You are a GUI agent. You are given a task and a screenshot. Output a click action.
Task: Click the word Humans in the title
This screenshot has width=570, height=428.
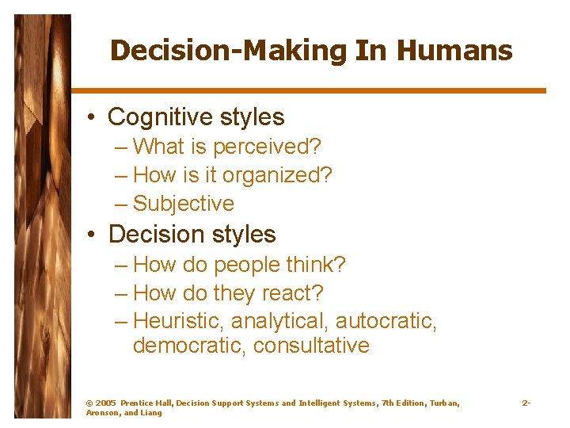454,51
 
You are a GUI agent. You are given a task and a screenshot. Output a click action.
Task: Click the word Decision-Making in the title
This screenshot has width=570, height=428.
228,51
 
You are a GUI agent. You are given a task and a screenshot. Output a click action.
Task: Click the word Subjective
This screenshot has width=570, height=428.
184,204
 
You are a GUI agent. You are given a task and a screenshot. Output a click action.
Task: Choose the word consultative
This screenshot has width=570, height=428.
311,346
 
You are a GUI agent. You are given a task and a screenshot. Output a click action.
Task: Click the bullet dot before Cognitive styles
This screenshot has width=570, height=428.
93,118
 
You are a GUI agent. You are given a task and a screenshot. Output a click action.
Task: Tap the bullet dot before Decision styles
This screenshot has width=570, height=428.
93,235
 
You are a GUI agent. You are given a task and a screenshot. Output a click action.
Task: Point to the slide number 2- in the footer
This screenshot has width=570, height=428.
526,403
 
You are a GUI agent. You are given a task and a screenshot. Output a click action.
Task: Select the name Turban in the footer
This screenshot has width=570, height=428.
443,403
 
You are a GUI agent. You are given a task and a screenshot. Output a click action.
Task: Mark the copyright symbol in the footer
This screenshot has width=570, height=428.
89,403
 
